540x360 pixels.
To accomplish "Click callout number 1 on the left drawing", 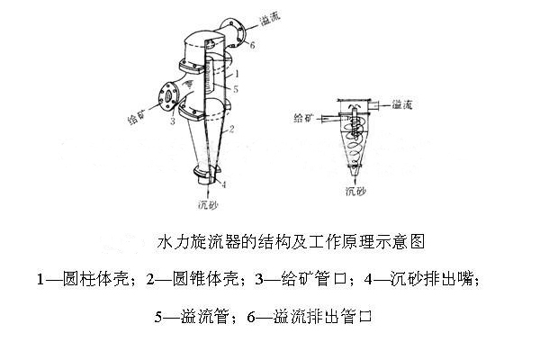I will click(x=236, y=70).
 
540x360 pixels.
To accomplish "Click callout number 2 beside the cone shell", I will click(x=233, y=130).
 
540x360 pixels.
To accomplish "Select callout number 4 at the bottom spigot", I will click(x=223, y=184).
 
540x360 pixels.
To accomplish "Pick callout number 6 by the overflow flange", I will click(x=253, y=45).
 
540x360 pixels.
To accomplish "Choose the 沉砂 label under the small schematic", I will click(x=355, y=192).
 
